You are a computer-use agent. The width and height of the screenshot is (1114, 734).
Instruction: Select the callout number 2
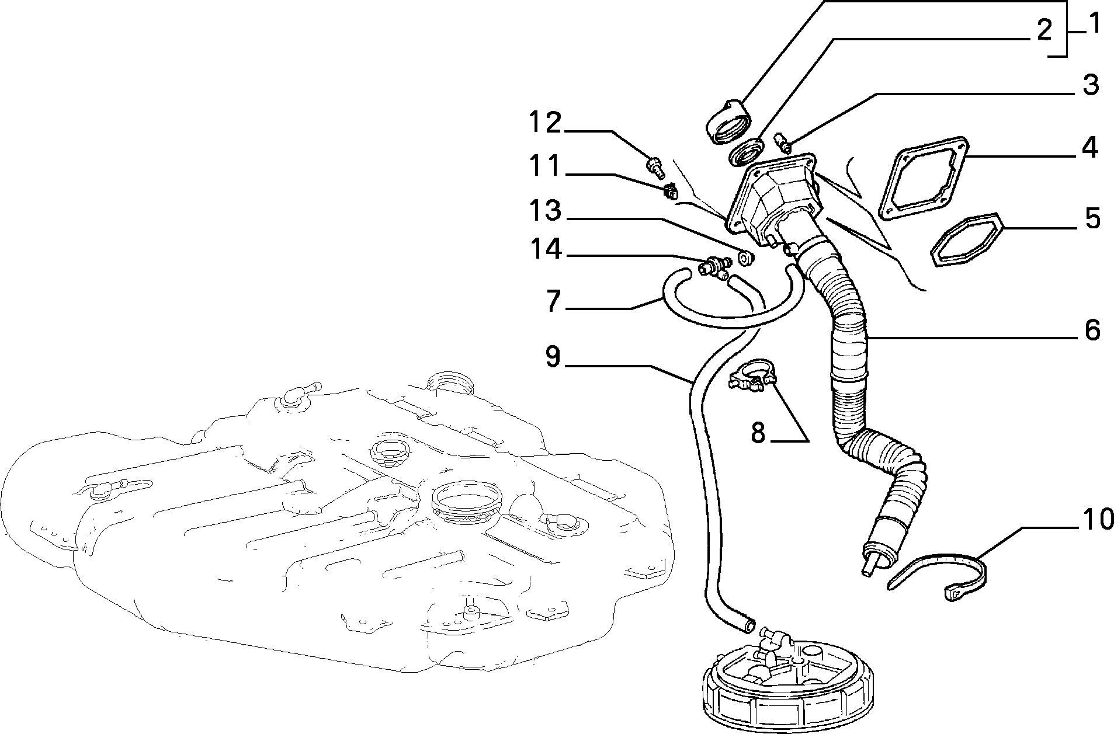[1044, 30]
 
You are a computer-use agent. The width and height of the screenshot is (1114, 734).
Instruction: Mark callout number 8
[758, 433]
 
